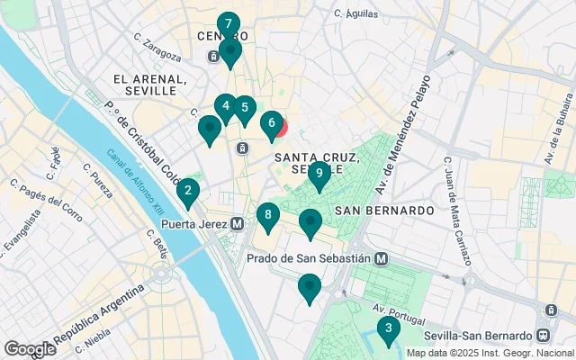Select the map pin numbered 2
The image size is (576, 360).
(187, 192)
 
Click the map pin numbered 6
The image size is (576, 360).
(271, 124)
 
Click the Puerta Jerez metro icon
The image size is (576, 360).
(237, 223)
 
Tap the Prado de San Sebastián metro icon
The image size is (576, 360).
(382, 258)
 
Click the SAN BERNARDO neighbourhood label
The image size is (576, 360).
(384, 210)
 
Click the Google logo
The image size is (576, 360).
(30, 349)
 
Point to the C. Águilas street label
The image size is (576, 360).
(353, 13)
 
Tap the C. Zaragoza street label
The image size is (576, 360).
(157, 47)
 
